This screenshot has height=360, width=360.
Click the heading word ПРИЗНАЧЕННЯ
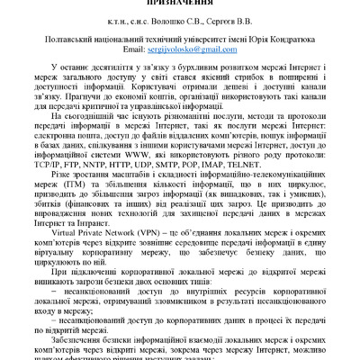[181, 4]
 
